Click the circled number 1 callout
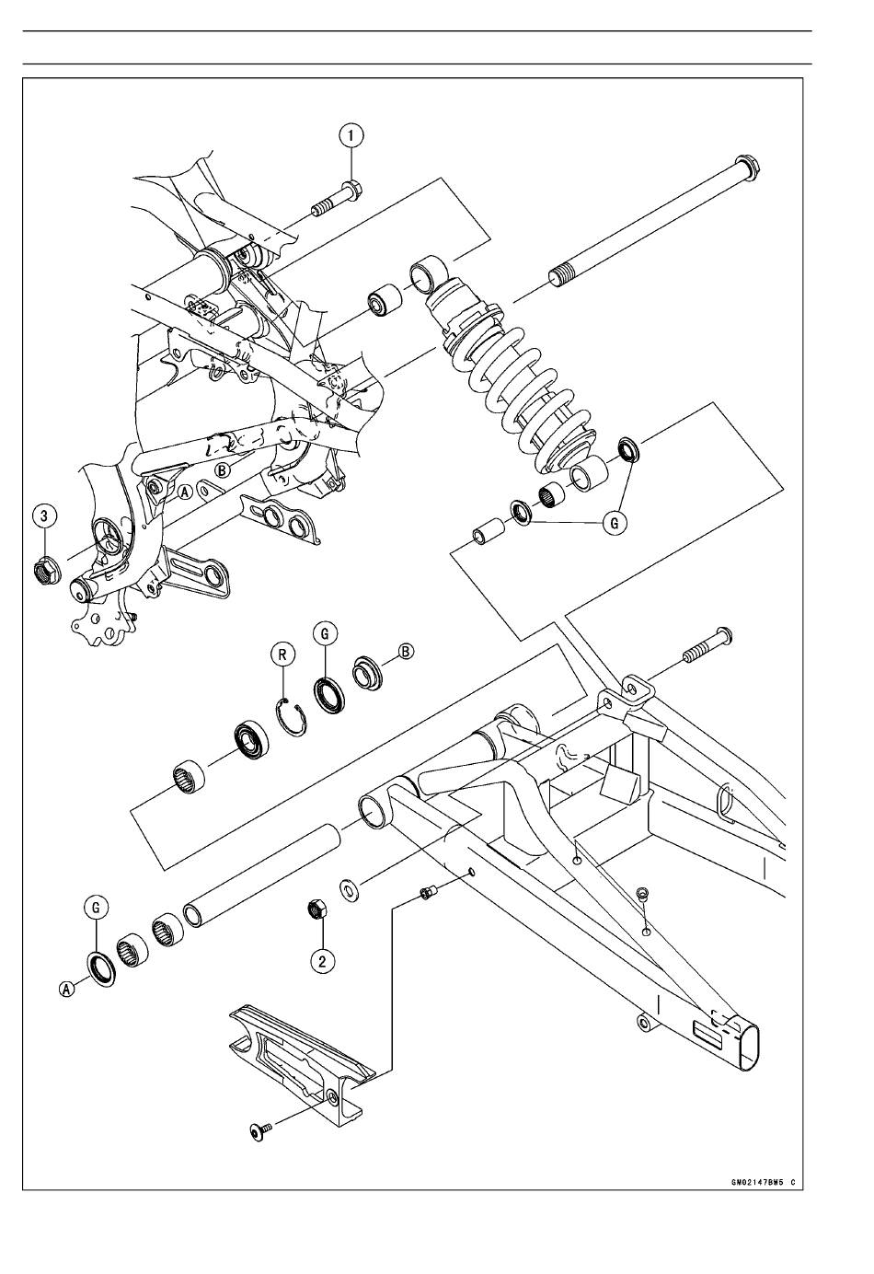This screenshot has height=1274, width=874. click(x=351, y=136)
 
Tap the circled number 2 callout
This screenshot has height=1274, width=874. click(x=322, y=961)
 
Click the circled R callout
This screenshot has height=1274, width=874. click(x=282, y=654)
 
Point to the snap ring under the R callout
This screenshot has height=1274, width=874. click(x=292, y=718)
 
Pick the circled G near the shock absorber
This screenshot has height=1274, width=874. click(x=615, y=522)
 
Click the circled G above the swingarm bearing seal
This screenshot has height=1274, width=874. click(x=325, y=633)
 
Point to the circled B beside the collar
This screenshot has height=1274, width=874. click(x=406, y=652)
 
